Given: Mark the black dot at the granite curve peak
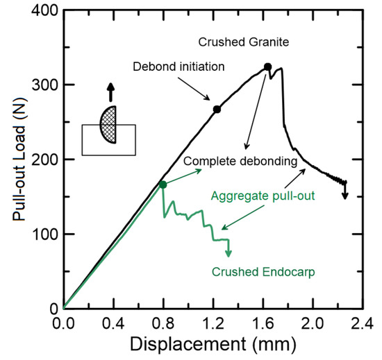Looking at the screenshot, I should point(267,67).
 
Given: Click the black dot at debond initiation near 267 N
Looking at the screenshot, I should point(217,109).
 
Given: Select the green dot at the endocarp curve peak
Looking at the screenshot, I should point(163,185).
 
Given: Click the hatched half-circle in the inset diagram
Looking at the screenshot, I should point(108,124).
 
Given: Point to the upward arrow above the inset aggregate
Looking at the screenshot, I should point(108,93).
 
